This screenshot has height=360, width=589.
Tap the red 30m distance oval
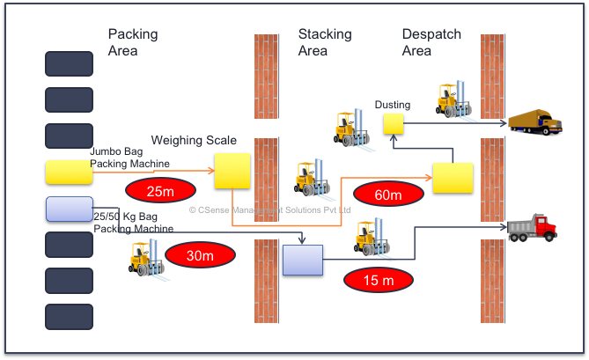(201, 256)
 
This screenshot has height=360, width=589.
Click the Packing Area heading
(133, 42)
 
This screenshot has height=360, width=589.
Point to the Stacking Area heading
(325, 42)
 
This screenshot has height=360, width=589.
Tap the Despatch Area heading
(431, 42)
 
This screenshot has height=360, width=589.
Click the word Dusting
(393, 106)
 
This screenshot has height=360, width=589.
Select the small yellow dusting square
(393, 124)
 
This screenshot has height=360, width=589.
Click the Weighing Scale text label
(194, 141)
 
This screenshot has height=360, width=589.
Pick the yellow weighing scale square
(232, 171)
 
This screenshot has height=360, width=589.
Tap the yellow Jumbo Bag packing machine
(69, 172)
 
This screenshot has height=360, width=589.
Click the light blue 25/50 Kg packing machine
(69, 209)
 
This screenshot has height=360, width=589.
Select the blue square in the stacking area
(303, 261)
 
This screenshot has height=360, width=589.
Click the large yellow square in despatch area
(453, 179)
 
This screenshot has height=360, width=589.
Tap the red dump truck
(533, 228)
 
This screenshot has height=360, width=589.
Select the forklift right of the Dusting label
(455, 100)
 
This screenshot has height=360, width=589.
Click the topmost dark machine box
(69, 64)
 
